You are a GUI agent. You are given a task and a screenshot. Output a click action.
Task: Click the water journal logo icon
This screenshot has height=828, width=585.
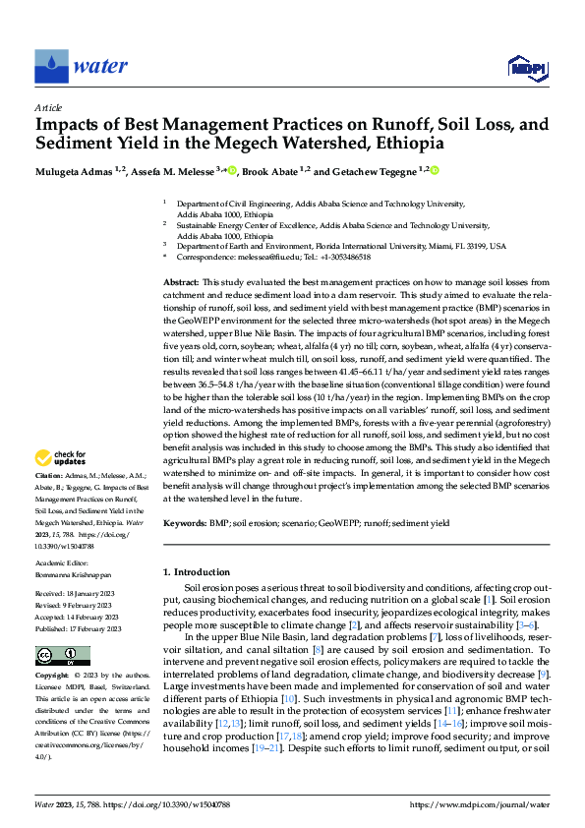51,66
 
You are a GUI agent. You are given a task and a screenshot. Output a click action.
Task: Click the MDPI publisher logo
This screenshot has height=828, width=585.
527,67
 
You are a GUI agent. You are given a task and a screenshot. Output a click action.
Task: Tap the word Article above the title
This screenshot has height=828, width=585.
48,107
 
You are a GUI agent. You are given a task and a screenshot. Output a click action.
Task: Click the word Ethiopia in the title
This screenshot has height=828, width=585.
402,144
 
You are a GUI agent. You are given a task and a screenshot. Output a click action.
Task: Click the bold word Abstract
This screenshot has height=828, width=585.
182,281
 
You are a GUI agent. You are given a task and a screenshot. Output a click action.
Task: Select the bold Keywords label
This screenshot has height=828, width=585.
184,526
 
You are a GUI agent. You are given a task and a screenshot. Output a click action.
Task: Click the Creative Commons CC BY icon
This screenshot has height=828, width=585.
62,656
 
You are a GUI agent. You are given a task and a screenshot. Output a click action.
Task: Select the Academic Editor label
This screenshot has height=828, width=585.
61,564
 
